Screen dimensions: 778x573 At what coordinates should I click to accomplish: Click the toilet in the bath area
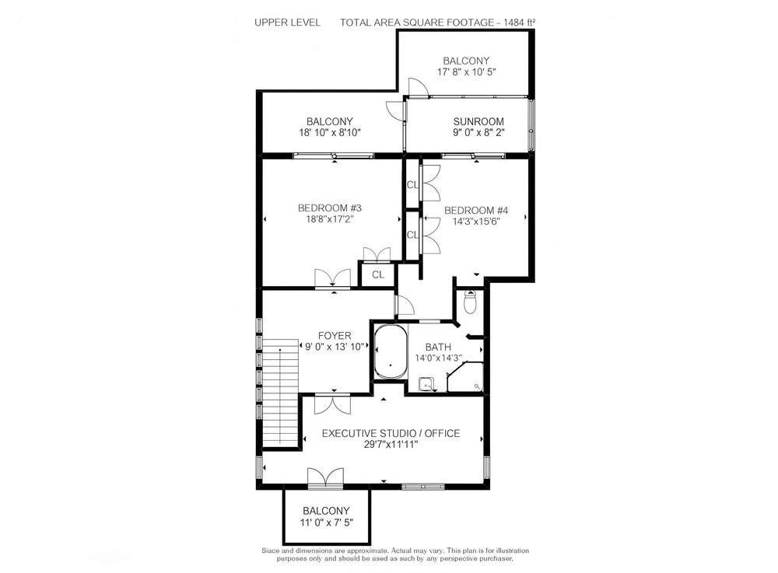tap(470, 302)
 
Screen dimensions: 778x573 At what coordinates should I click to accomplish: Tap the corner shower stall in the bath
tap(465, 377)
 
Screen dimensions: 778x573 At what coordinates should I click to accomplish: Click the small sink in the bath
tap(426, 384)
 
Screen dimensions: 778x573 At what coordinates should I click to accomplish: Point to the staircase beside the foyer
tap(280, 392)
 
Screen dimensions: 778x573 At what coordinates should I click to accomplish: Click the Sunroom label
tap(478, 121)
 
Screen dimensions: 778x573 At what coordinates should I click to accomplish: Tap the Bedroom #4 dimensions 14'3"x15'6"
tap(475, 221)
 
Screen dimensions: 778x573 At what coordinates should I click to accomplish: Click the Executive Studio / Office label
tap(391, 433)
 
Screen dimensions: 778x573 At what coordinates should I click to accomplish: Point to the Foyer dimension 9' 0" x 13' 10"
tap(335, 347)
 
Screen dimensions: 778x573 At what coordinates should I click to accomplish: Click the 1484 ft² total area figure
tap(520, 23)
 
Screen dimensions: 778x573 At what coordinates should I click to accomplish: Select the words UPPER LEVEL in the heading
tap(287, 23)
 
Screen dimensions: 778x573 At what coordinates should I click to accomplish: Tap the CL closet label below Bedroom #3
tap(378, 274)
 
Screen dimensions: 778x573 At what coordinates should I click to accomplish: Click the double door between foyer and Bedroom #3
tap(333, 278)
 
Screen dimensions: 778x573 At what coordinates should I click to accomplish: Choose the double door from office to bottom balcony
tap(325, 478)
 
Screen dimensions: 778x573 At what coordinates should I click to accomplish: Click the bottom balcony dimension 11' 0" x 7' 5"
tap(326, 522)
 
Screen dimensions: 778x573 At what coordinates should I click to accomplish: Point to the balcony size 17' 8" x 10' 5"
tap(466, 72)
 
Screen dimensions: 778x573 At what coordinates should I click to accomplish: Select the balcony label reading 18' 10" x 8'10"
tap(329, 132)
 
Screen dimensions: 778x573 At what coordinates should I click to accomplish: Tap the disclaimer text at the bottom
tap(395, 554)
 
